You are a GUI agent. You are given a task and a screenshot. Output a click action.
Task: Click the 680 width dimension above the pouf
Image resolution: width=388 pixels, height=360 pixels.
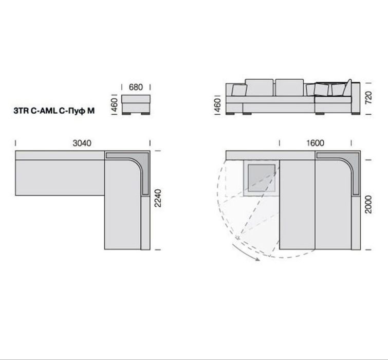[136, 87]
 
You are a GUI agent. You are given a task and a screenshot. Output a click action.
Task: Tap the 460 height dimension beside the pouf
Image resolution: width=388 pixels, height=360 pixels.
[114, 105]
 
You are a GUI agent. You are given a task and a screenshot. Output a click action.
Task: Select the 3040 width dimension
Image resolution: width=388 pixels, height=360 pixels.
[82, 143]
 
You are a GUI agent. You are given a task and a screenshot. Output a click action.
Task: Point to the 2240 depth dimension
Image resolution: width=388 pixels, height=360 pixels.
[158, 198]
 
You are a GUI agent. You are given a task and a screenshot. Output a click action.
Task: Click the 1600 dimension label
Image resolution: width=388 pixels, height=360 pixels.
[315, 143]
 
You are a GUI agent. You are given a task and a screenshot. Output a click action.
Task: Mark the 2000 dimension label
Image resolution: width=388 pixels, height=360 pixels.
[368, 204]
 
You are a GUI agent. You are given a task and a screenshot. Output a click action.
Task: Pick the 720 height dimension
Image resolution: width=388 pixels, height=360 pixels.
[368, 98]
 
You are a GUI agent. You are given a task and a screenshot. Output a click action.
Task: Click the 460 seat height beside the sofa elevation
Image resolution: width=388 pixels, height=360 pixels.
[217, 105]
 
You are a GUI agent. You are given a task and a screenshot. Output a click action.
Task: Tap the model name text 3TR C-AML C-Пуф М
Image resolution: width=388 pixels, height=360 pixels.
[54, 111]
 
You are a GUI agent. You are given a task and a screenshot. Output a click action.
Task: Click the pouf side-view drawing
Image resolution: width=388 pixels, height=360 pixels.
[136, 104]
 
